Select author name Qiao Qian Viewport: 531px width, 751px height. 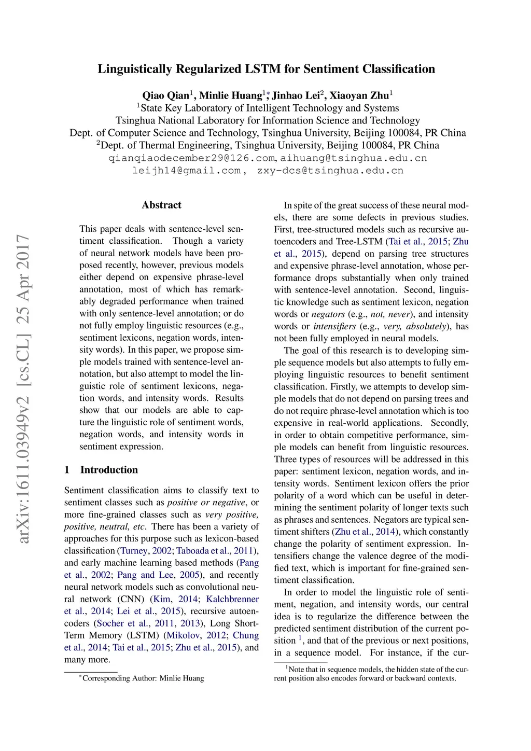coord(166,95)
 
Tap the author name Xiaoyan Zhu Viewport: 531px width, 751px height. coord(359,95)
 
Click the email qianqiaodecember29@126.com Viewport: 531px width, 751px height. coord(192,158)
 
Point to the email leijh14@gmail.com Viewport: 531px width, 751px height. coord(186,171)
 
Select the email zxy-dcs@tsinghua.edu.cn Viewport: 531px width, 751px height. coord(330,171)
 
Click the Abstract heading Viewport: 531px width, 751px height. coord(162,205)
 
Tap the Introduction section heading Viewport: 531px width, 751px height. coord(109,470)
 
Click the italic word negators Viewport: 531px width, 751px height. coord(328,314)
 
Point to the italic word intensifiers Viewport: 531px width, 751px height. coord(334,326)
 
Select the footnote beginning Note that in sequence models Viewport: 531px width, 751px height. coord(371,674)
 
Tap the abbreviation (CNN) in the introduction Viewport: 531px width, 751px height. coord(132,599)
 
